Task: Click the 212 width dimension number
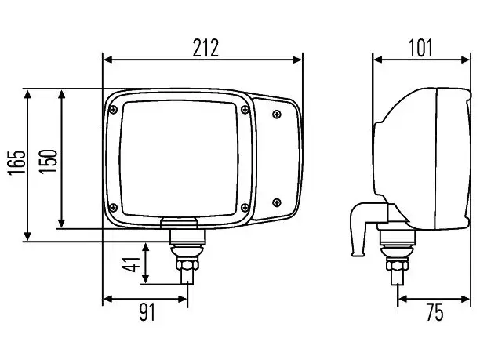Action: tap(205, 48)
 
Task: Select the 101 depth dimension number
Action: tap(420, 48)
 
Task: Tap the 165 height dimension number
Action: tap(16, 162)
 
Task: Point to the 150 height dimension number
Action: tap(48, 162)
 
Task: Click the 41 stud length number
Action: tap(131, 264)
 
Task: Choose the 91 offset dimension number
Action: tap(147, 312)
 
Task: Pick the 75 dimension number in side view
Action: tap(435, 312)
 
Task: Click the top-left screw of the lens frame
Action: tap(114, 110)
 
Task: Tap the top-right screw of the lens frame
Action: tap(245, 110)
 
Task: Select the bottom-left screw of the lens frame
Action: tap(113, 208)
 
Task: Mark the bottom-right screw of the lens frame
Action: tap(245, 208)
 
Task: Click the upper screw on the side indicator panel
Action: tap(277, 115)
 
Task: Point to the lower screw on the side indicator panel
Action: tap(277, 202)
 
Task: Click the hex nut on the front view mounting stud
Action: tap(187, 264)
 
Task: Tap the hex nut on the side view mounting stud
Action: tap(397, 264)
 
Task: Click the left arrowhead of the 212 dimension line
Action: tap(108, 60)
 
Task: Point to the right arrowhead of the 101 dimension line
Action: tap(465, 60)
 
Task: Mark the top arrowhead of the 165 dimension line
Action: tap(27, 94)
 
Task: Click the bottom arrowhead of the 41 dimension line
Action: tap(145, 278)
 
